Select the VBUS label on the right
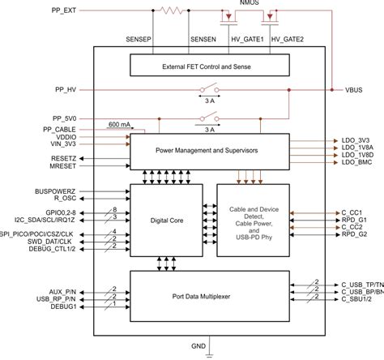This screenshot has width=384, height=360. pos(352,90)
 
